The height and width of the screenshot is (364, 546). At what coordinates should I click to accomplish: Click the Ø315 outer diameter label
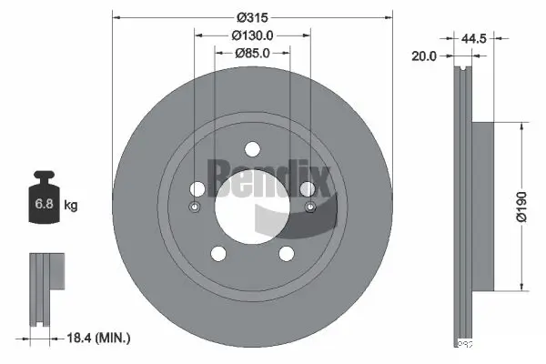(x=252, y=16)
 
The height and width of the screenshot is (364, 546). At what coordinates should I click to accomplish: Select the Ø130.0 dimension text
(x=252, y=35)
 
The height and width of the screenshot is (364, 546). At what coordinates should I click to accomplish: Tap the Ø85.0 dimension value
(x=252, y=53)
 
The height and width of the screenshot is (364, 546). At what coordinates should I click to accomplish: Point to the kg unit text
(x=71, y=206)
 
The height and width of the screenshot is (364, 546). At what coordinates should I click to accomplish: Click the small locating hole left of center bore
(x=193, y=207)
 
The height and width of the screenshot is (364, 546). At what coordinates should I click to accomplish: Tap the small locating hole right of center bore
(x=311, y=207)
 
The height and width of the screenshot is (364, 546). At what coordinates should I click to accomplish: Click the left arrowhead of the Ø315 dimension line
(x=116, y=16)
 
